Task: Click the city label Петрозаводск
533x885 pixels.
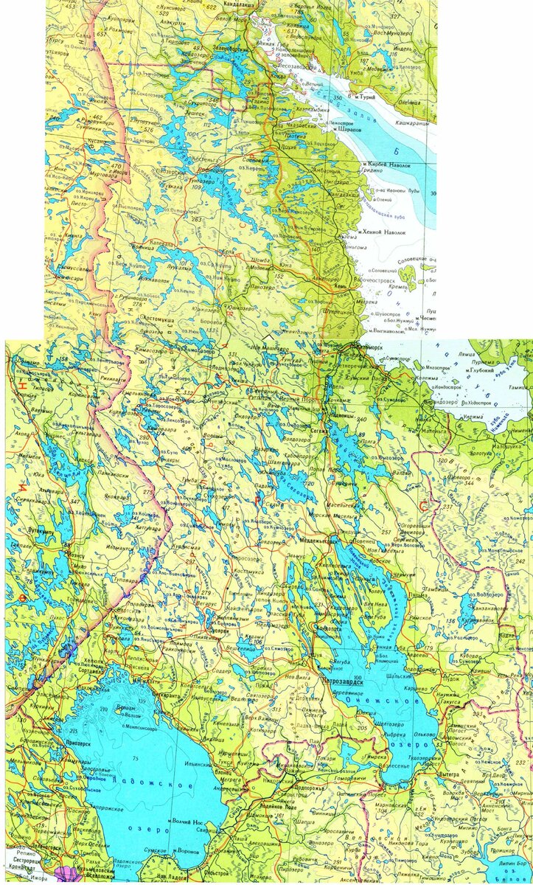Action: (345, 681)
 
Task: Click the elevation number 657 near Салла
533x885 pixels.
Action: (101, 34)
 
